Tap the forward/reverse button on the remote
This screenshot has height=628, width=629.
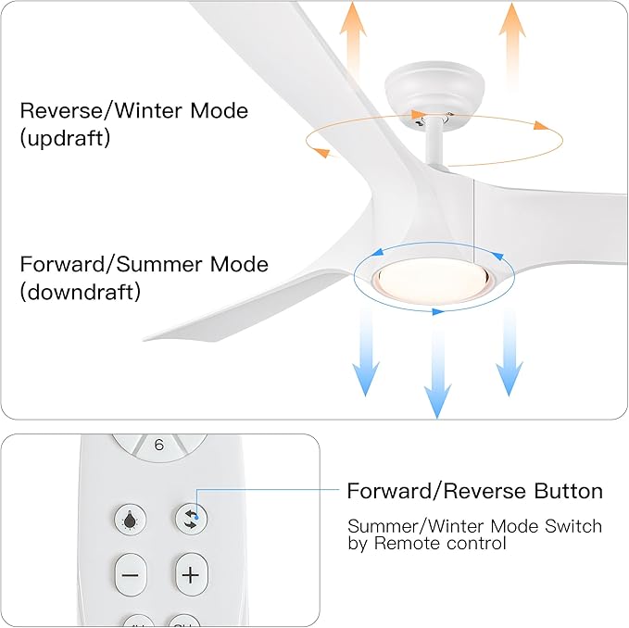[x=190, y=519]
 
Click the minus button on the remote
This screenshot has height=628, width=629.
[x=130, y=574]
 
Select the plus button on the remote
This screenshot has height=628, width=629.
[x=190, y=574]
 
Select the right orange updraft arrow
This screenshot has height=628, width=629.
[x=512, y=42]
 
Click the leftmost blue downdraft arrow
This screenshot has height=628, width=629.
[x=366, y=352]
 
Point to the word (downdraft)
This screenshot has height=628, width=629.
[x=80, y=293]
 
